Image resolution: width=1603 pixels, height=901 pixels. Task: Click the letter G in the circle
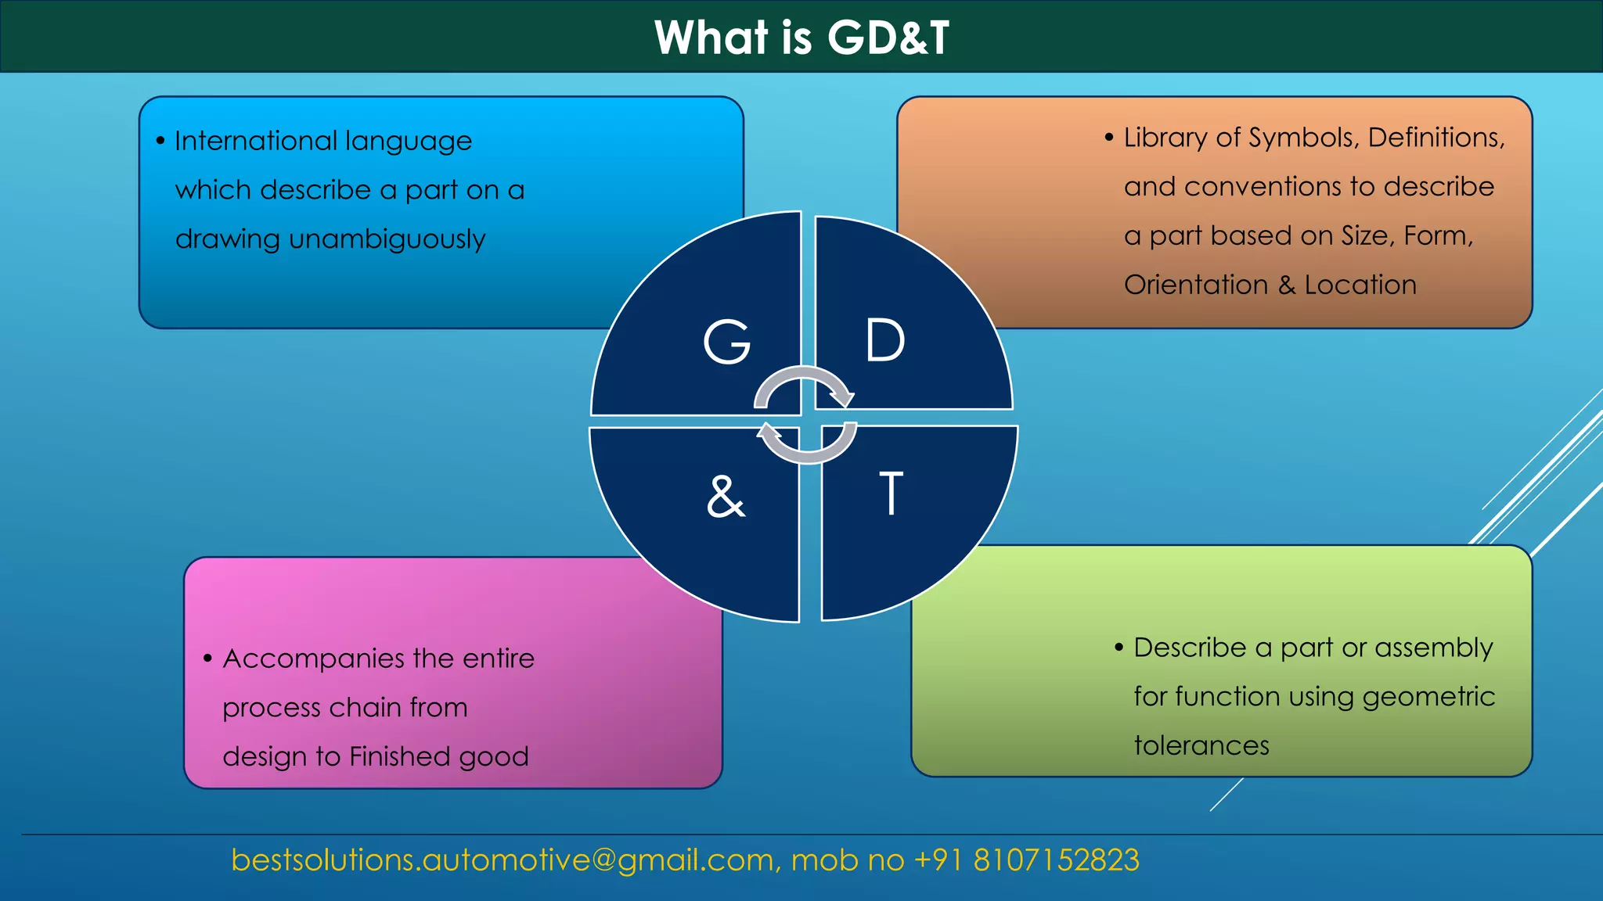point(726,342)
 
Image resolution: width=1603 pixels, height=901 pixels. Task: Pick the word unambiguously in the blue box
point(387,239)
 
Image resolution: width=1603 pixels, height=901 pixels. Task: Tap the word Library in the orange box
point(1165,138)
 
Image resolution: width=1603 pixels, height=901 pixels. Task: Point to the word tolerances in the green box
point(1201,745)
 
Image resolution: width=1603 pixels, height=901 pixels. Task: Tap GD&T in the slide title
point(888,37)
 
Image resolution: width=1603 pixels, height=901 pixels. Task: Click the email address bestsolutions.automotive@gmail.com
point(502,860)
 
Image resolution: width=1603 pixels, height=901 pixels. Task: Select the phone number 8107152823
point(1056,860)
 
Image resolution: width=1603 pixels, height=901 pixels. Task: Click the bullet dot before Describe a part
point(1118,648)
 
